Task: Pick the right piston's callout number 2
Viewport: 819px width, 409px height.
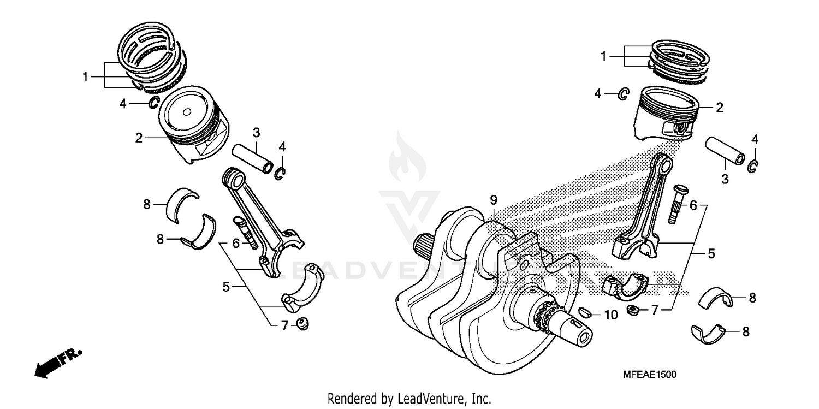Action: (720, 108)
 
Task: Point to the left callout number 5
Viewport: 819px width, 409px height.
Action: (226, 286)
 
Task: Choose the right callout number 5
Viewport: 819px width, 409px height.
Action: (711, 253)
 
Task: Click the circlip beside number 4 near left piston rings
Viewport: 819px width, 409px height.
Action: (154, 102)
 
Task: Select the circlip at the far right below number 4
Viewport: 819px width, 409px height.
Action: (752, 166)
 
